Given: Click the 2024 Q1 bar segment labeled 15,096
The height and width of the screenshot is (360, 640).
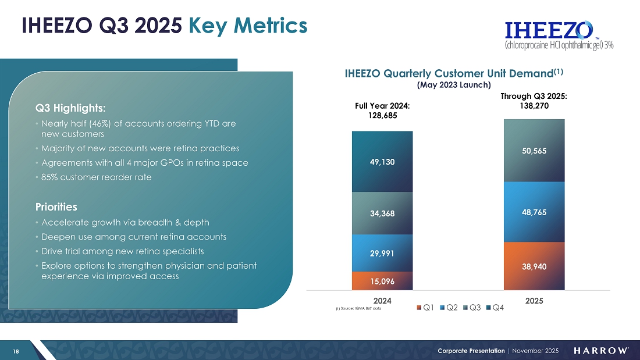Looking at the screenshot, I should point(382,281).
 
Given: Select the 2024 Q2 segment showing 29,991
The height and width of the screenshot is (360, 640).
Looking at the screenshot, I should point(382,253).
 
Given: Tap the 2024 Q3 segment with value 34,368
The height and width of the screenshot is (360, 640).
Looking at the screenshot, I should point(382,213).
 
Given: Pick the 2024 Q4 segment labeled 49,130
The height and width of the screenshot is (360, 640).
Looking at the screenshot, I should point(382,162).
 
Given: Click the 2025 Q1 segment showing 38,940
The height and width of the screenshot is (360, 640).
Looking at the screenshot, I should point(534,266).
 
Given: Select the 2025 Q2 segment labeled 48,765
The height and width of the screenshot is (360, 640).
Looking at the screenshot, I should point(534,212).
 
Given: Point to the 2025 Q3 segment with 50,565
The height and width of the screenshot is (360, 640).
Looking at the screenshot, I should point(534,151).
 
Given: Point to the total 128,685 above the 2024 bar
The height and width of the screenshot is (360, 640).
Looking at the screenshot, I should point(382,115).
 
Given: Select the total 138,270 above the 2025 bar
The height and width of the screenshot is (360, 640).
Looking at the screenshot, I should point(534,106).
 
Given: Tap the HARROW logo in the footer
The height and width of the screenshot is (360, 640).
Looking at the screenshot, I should point(601,351).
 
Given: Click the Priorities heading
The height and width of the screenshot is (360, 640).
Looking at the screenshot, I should point(56,207).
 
